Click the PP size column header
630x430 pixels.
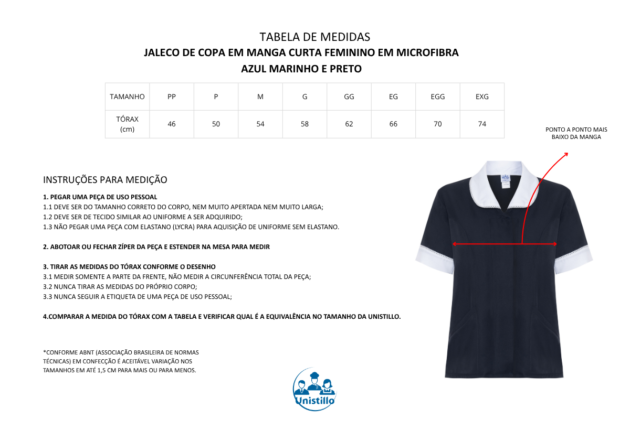coord(172,96)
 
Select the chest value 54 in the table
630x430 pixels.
coord(260,124)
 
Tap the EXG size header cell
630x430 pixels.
coord(482,96)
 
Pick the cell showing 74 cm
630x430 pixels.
coord(482,124)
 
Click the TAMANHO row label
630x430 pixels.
coord(127,96)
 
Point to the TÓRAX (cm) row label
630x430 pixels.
coord(127,124)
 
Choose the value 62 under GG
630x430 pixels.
coord(349,124)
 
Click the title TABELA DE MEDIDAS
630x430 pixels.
coord(314,37)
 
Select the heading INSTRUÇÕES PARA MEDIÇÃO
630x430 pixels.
coord(105,180)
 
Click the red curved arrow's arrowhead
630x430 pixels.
coord(566,154)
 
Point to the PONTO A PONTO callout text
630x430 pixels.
coord(576,133)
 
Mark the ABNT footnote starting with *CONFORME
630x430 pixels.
coord(121,361)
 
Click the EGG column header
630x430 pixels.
coord(437,96)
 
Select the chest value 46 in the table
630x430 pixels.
coord(172,124)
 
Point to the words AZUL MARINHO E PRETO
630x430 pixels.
coord(301,69)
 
